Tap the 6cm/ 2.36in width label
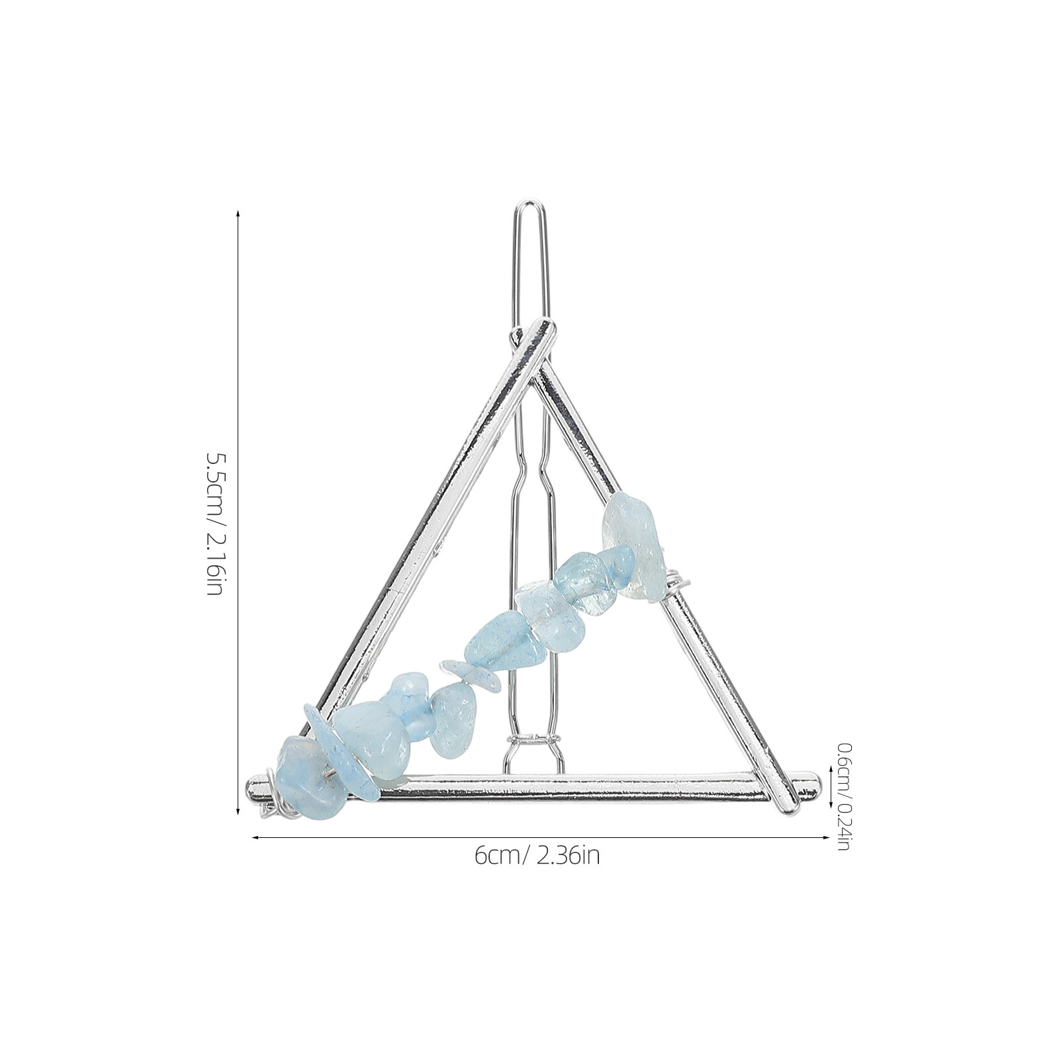tap(537, 856)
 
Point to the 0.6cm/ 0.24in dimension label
tap(843, 797)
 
